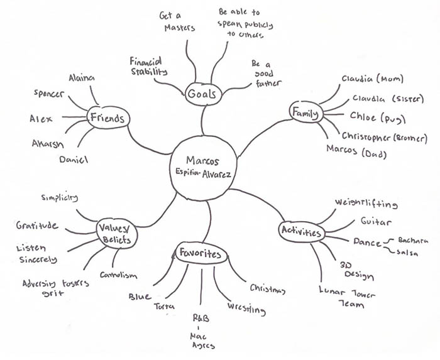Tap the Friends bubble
tap(107, 118)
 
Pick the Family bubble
tap(305, 113)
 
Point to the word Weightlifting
tap(366, 204)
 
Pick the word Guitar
tap(376, 222)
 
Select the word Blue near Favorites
tap(140, 295)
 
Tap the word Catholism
tap(119, 275)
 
